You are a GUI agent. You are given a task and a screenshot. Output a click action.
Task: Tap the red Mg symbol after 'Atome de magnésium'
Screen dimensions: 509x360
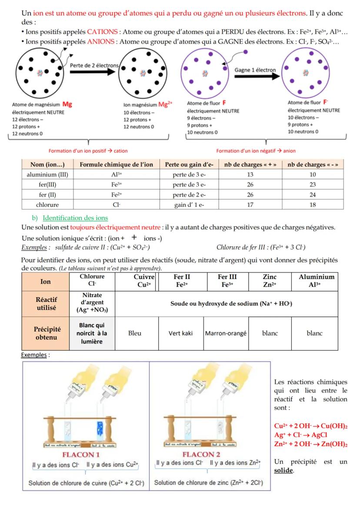click(x=67, y=104)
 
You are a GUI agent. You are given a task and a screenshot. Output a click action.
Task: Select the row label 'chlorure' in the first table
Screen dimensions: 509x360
click(x=48, y=205)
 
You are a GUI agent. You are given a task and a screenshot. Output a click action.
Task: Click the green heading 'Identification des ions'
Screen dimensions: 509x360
click(x=75, y=218)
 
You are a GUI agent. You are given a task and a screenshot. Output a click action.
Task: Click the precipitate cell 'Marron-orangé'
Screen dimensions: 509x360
click(x=226, y=333)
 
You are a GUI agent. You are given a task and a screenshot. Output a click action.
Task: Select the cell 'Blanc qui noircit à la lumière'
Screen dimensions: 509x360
click(x=92, y=333)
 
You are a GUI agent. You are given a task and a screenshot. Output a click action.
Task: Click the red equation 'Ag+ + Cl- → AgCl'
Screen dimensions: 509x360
click(x=301, y=435)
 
